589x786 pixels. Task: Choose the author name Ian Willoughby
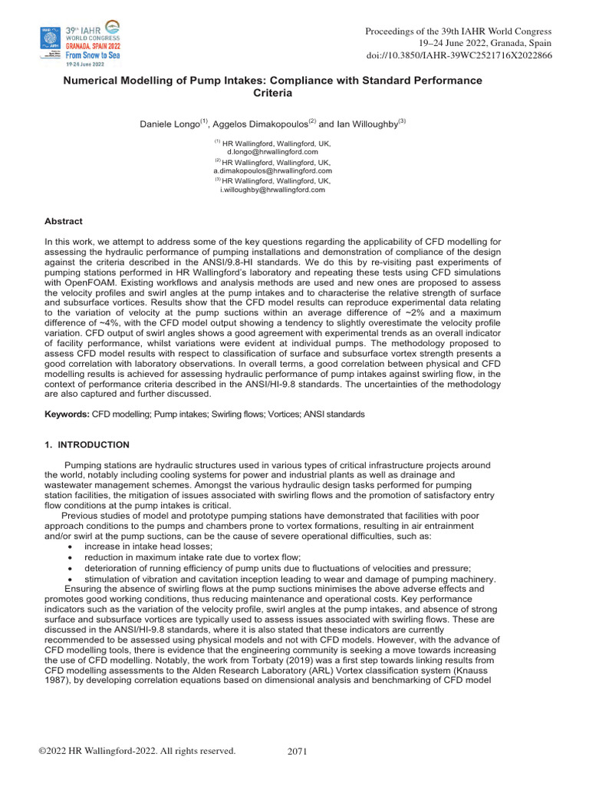(x=371, y=123)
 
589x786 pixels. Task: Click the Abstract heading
(x=64, y=221)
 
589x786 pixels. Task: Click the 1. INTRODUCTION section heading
(x=87, y=445)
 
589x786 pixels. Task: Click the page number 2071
(x=297, y=751)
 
